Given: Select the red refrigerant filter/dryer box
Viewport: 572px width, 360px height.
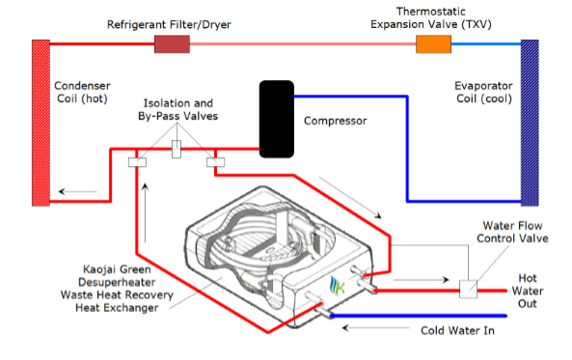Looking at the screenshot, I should [171, 43].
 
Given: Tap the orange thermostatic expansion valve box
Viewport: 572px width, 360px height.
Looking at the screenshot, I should [433, 44].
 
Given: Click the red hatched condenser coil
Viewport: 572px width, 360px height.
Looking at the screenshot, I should [40, 122].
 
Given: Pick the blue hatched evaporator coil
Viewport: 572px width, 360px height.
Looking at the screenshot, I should [530, 122].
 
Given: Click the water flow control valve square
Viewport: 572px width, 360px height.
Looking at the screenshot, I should [470, 288].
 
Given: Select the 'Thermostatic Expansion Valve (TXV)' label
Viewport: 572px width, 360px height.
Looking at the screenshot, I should [431, 16].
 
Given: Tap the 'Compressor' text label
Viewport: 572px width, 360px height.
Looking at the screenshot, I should [337, 122].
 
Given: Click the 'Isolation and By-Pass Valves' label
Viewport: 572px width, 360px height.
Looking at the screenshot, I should [179, 109].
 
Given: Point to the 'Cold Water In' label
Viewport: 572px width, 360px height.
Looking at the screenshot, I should [462, 330].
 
